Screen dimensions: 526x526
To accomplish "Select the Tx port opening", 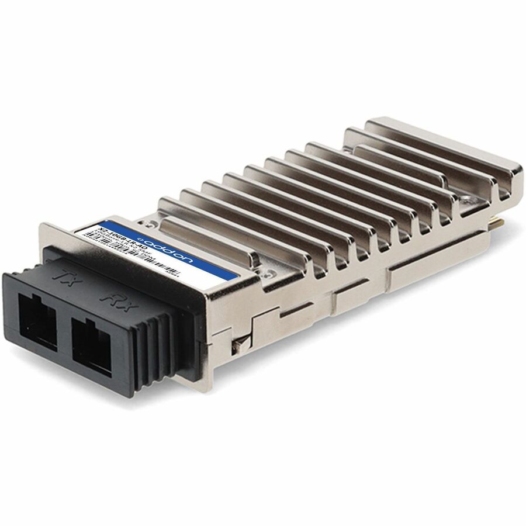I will pos(37,321).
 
